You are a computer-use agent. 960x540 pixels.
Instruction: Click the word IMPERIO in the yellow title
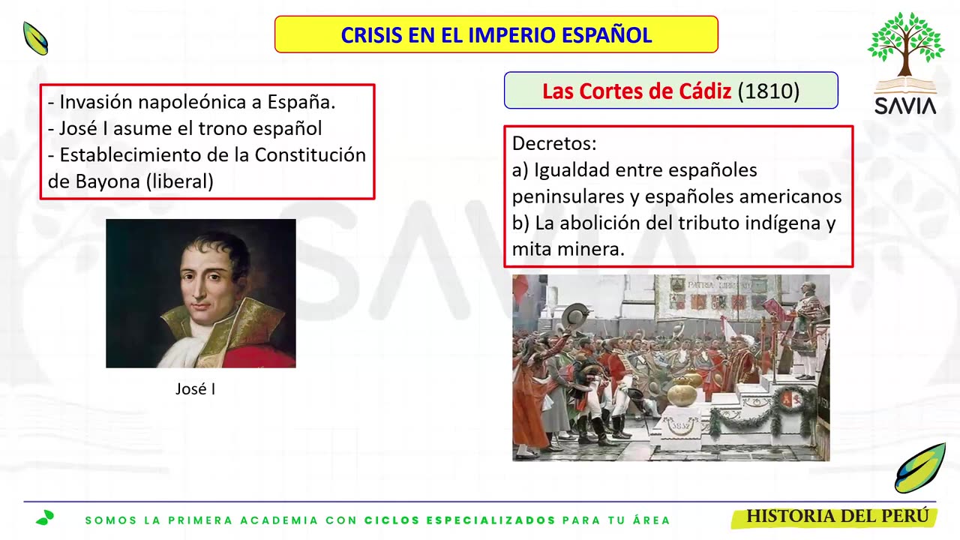pos(511,35)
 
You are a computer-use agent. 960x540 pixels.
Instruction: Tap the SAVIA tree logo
pos(905,64)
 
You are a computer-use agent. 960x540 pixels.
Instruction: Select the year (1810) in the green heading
pos(769,91)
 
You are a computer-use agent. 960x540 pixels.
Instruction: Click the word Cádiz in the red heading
pos(705,91)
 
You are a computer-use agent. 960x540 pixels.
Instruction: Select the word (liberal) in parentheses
pos(179,181)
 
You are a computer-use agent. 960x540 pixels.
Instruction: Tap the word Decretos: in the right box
pos(554,143)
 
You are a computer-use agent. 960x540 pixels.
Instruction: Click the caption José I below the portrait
pos(195,388)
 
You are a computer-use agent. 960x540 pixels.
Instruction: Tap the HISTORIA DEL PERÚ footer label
pos(837,517)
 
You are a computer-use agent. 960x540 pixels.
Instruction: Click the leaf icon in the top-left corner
pos(35,38)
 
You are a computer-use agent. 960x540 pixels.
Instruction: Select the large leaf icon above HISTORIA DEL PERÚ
pos(919,469)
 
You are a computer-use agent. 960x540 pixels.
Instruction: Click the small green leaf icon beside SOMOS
pos(45,517)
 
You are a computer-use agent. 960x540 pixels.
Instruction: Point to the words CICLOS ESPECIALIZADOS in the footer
pos(460,520)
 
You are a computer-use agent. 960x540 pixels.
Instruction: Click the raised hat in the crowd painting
pos(575,316)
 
